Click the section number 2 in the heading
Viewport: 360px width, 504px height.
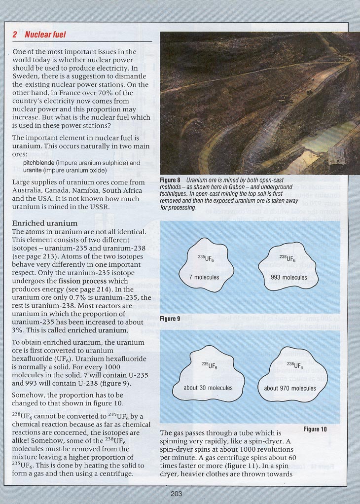point(15,35)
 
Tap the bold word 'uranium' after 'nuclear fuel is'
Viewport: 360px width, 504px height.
point(28,146)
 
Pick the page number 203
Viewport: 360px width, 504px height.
point(176,494)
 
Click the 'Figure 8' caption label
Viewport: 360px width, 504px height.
point(171,180)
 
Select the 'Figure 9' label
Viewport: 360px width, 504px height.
point(171,319)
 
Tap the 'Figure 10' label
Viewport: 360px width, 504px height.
point(315,429)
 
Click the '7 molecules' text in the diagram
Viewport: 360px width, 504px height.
point(204,277)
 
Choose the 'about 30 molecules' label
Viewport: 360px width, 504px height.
point(208,388)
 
